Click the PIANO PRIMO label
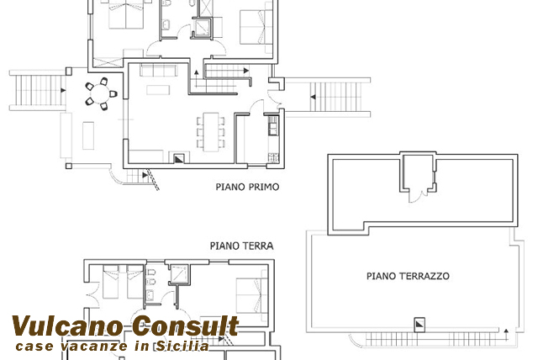click(x=247, y=187)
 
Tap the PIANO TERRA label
click(x=241, y=246)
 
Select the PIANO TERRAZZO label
click(x=408, y=276)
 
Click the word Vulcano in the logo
click(x=67, y=326)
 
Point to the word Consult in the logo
click(x=186, y=326)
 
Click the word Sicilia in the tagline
click(x=183, y=346)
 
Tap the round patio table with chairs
click(x=101, y=93)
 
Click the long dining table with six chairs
click(x=211, y=132)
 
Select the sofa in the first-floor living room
click(x=159, y=70)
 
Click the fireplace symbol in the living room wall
click(x=179, y=158)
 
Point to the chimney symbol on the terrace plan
click(x=419, y=325)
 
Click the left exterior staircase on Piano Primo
click(x=37, y=91)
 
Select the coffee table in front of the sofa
click(x=158, y=90)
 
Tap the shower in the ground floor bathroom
click(x=179, y=274)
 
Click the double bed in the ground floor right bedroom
click(x=251, y=294)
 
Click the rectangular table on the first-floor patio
click(x=88, y=135)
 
